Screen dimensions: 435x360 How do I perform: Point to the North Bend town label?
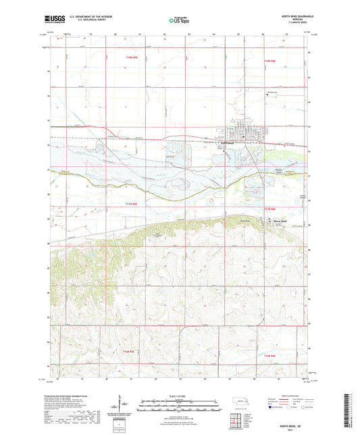pyautogui.click(x=232, y=143)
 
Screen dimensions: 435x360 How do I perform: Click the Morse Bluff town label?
pyautogui.click(x=282, y=221)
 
